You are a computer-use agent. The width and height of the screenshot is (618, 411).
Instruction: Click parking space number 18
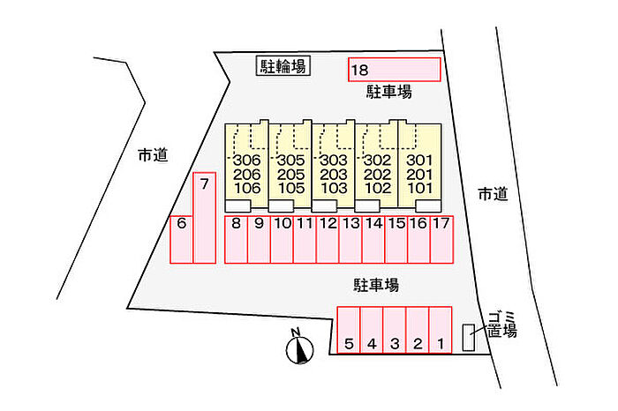[394, 70]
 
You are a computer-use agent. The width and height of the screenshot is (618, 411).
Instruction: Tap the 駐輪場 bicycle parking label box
[283, 66]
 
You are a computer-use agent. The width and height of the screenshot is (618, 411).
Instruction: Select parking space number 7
[204, 218]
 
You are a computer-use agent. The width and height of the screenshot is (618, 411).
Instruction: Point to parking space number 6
[181, 239]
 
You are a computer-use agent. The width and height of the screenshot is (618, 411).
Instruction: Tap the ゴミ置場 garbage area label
[501, 325]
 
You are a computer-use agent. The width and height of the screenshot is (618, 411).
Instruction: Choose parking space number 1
[441, 330]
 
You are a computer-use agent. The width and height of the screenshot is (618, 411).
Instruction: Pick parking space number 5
[349, 330]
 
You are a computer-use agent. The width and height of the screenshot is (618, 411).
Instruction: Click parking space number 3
[395, 330]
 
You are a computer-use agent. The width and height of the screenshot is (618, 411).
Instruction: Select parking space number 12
[328, 239]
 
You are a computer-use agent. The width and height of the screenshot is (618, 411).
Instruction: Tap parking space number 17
[441, 239]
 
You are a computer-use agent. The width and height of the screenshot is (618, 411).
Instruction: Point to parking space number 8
[236, 239]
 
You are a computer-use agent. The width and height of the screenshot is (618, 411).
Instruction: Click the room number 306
[247, 161]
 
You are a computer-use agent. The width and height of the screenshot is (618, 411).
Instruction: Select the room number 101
[420, 188]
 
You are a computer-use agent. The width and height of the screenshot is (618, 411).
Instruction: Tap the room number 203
[334, 175]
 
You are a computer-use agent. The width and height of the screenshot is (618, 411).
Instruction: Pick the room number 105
[290, 188]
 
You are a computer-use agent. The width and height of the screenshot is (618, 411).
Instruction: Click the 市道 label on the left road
[153, 155]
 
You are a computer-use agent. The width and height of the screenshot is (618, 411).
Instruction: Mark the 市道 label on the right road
[493, 194]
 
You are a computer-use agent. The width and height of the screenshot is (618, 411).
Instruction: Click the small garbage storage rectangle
[469, 338]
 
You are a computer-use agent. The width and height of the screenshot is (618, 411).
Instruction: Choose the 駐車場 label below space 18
[389, 92]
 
